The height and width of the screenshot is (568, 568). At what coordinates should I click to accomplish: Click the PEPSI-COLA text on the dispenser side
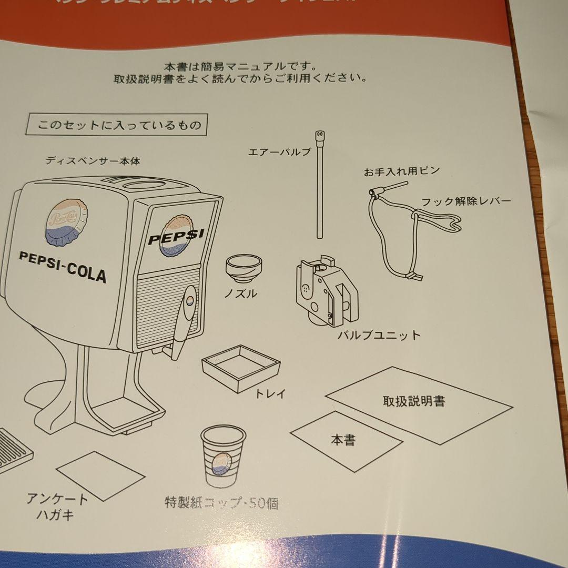pyautogui.click(x=62, y=266)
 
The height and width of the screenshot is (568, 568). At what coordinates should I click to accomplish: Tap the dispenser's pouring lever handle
pyautogui.click(x=182, y=319)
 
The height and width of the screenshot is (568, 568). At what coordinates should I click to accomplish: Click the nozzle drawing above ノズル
pyautogui.click(x=243, y=267)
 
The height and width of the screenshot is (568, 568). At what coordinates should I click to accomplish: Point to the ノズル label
pyautogui.click(x=240, y=293)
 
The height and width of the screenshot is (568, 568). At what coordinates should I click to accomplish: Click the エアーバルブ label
pyautogui.click(x=280, y=153)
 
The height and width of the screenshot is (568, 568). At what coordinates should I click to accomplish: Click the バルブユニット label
pyautogui.click(x=379, y=334)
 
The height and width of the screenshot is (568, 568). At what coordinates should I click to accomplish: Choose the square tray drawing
pyautogui.click(x=241, y=366)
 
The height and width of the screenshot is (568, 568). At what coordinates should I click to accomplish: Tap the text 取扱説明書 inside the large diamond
pyautogui.click(x=413, y=401)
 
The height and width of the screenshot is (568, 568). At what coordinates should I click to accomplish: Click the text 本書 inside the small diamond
pyautogui.click(x=343, y=440)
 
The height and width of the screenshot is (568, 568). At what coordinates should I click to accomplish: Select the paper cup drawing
pyautogui.click(x=222, y=455)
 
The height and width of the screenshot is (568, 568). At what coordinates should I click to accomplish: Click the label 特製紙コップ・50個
pyautogui.click(x=221, y=503)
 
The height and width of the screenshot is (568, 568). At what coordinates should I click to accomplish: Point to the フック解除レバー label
pyautogui.click(x=465, y=202)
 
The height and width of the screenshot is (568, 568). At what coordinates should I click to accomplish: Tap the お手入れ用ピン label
pyautogui.click(x=401, y=171)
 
